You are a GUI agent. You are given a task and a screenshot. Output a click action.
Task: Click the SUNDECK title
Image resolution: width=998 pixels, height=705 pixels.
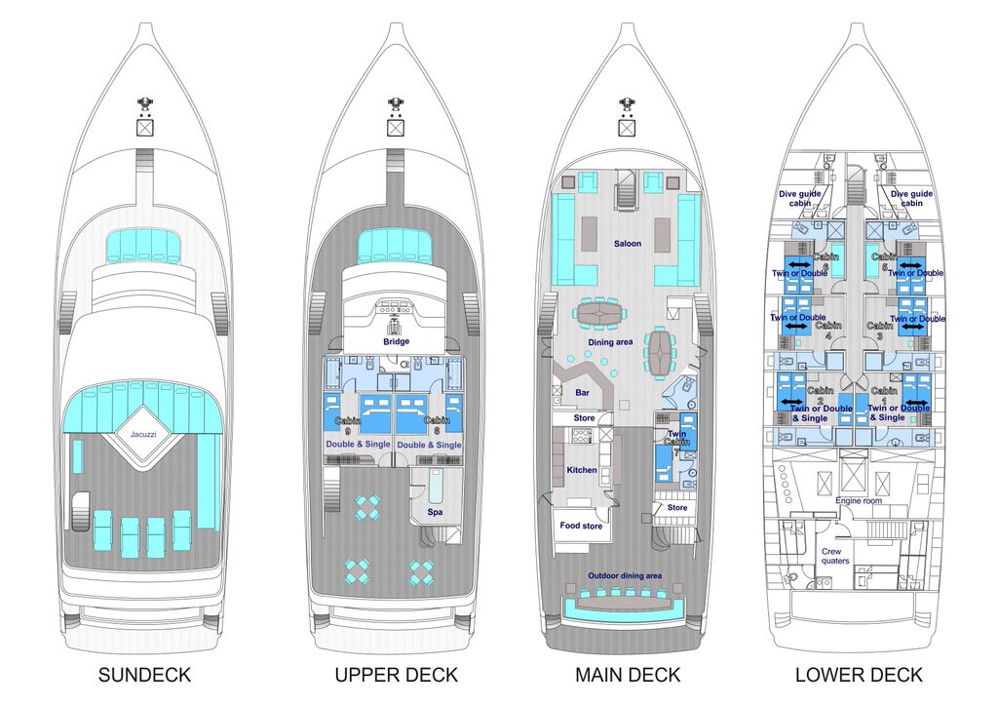pyautogui.click(x=144, y=675)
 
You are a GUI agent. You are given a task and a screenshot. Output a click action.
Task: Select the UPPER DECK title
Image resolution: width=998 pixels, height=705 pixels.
pyautogui.click(x=396, y=675)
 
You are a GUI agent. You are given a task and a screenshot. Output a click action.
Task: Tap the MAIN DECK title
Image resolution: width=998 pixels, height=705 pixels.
pyautogui.click(x=628, y=675)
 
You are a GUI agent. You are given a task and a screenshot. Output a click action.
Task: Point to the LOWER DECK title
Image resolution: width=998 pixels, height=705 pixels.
pyautogui.click(x=859, y=675)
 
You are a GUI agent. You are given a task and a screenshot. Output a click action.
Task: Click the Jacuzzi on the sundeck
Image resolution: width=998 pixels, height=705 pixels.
pyautogui.click(x=143, y=433)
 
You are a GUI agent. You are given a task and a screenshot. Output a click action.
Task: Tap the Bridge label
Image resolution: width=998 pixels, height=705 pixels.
pyautogui.click(x=396, y=341)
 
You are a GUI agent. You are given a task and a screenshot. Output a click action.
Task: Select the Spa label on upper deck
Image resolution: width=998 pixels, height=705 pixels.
pyautogui.click(x=435, y=511)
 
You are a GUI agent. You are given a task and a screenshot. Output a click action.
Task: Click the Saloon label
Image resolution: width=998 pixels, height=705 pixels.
pyautogui.click(x=627, y=244)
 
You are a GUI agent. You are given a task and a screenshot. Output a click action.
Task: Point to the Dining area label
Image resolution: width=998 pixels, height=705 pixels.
pyautogui.click(x=611, y=342)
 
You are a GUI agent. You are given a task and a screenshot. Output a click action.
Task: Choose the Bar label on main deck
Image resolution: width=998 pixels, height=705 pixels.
pyautogui.click(x=582, y=393)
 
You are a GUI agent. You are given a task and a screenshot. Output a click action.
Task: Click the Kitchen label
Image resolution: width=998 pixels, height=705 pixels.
pyautogui.click(x=582, y=470)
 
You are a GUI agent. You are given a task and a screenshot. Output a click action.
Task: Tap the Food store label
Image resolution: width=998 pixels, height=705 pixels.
pyautogui.click(x=582, y=526)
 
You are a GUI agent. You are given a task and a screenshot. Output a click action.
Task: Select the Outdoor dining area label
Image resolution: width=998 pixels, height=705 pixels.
pyautogui.click(x=625, y=575)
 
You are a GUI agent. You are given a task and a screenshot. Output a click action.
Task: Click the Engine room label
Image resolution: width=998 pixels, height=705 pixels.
pyautogui.click(x=858, y=500)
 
